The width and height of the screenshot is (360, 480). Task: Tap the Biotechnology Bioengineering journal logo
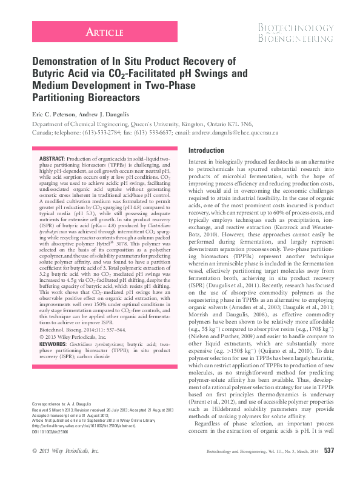(295, 33)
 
